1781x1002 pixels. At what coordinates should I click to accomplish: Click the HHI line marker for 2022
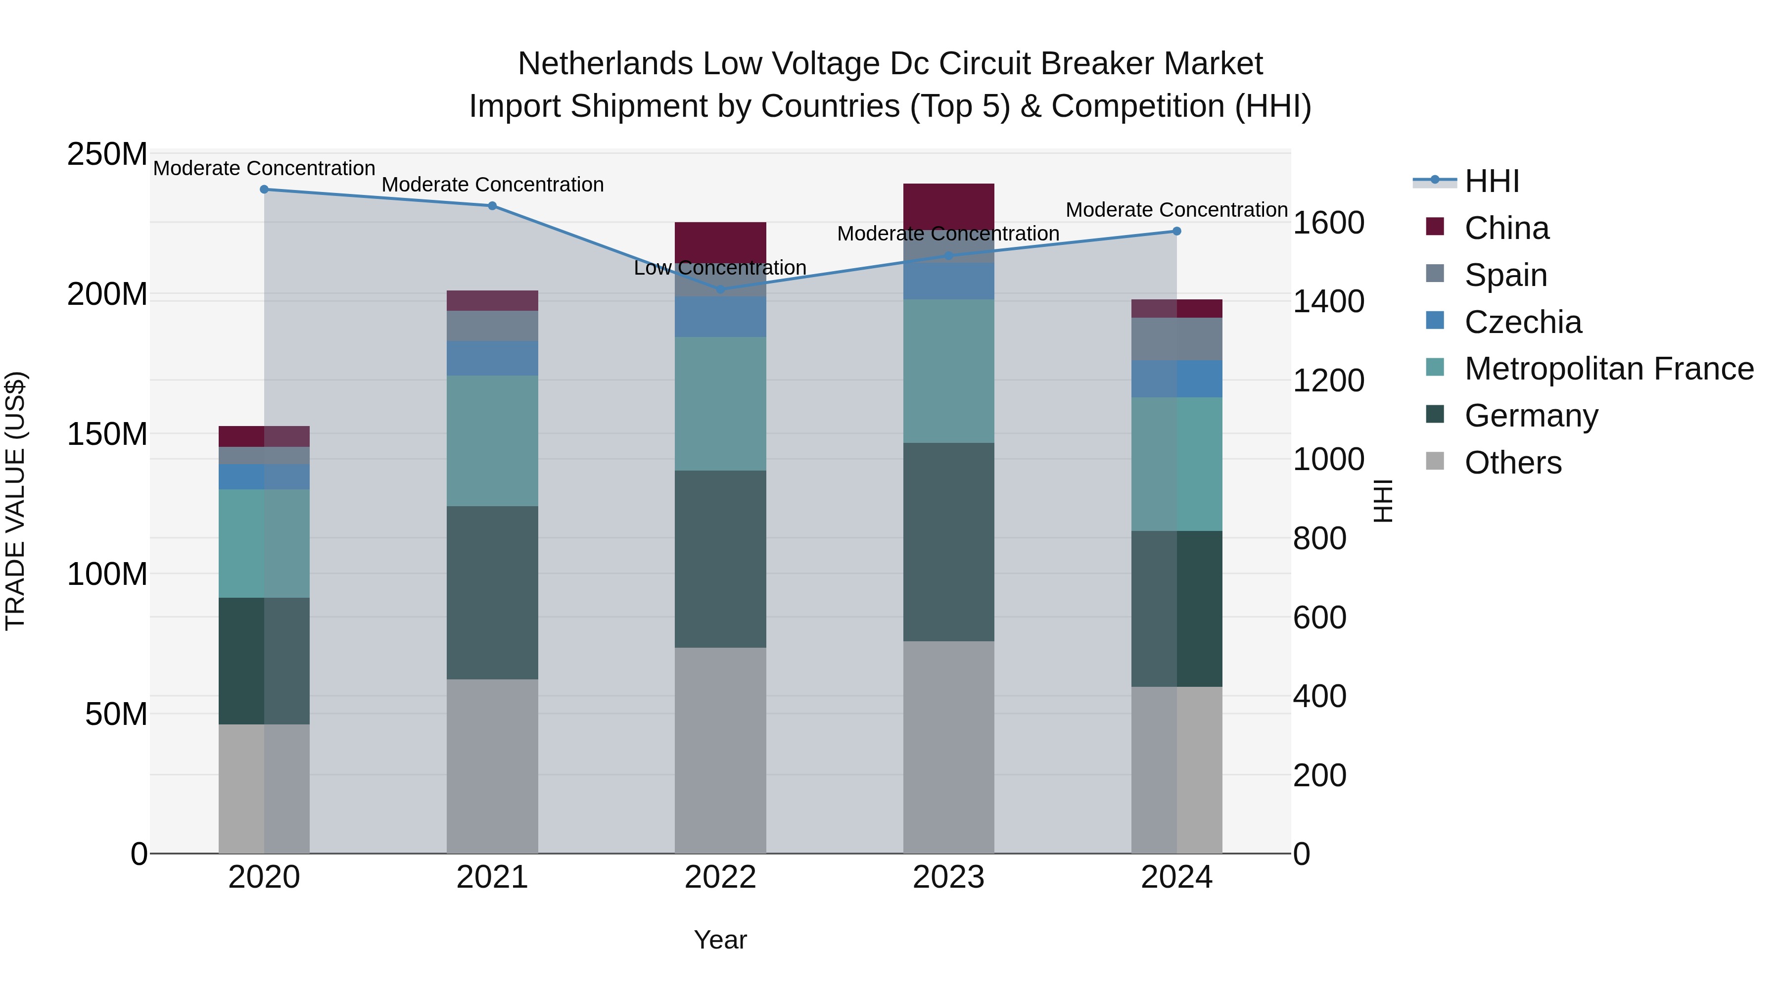[720, 289]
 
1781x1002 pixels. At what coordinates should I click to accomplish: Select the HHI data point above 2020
[264, 190]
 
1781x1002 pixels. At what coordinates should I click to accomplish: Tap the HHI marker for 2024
[1177, 231]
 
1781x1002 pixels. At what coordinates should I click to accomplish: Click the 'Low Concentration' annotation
[720, 268]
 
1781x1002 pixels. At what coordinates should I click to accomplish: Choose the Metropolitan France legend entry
[1609, 369]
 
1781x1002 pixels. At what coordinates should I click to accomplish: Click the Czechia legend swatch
[1435, 321]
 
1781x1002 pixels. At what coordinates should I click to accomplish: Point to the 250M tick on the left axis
[107, 154]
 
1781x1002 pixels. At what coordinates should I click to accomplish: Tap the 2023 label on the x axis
[948, 877]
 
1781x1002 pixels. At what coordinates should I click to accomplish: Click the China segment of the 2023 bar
[948, 205]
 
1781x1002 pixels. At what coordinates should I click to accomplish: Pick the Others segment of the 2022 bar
[720, 750]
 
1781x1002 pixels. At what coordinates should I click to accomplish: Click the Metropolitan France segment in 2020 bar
[264, 543]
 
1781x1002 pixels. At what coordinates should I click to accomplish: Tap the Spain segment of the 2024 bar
[1177, 339]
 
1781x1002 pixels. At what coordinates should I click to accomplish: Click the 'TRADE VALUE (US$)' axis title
[15, 501]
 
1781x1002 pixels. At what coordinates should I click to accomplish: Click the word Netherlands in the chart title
[605, 64]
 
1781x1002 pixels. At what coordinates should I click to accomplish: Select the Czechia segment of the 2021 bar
[492, 358]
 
